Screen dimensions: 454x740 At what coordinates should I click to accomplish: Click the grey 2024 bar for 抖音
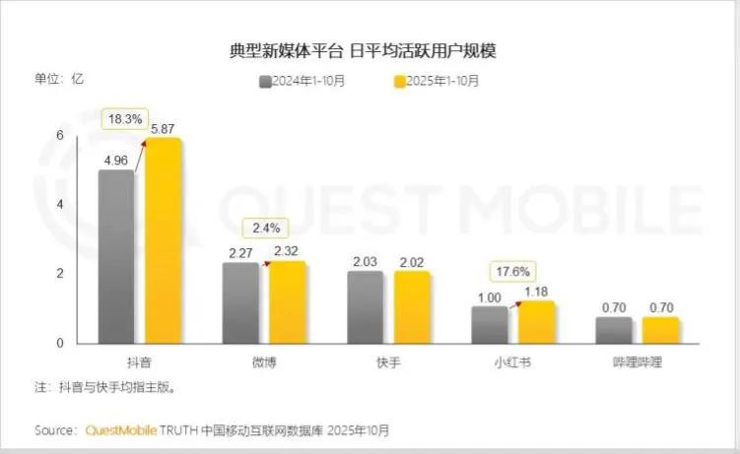(115, 256)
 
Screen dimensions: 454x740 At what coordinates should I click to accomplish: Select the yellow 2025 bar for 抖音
(164, 241)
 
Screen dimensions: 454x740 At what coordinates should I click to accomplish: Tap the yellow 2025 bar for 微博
(287, 302)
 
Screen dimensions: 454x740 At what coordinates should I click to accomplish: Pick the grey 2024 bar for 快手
(365, 307)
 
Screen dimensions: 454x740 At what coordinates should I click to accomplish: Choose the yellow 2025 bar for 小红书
(536, 322)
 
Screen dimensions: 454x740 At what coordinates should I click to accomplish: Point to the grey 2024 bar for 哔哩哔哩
(614, 330)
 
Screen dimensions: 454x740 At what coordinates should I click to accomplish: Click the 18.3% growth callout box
(125, 118)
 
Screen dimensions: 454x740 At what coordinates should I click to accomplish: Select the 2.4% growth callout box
(265, 227)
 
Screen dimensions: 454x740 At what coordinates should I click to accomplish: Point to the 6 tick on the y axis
(59, 135)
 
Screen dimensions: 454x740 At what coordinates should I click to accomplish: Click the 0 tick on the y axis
(59, 343)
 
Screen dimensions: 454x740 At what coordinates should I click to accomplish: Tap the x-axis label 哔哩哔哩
(638, 362)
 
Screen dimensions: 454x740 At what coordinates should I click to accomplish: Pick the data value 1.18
(536, 291)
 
